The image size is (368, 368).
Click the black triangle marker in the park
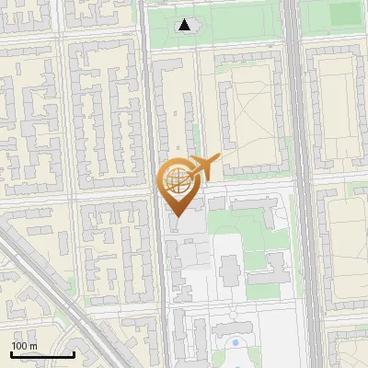(186, 25)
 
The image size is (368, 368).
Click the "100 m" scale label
(25, 346)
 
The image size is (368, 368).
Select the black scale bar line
(42, 354)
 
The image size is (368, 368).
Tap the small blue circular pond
(236, 343)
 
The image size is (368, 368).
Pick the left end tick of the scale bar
(11, 353)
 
